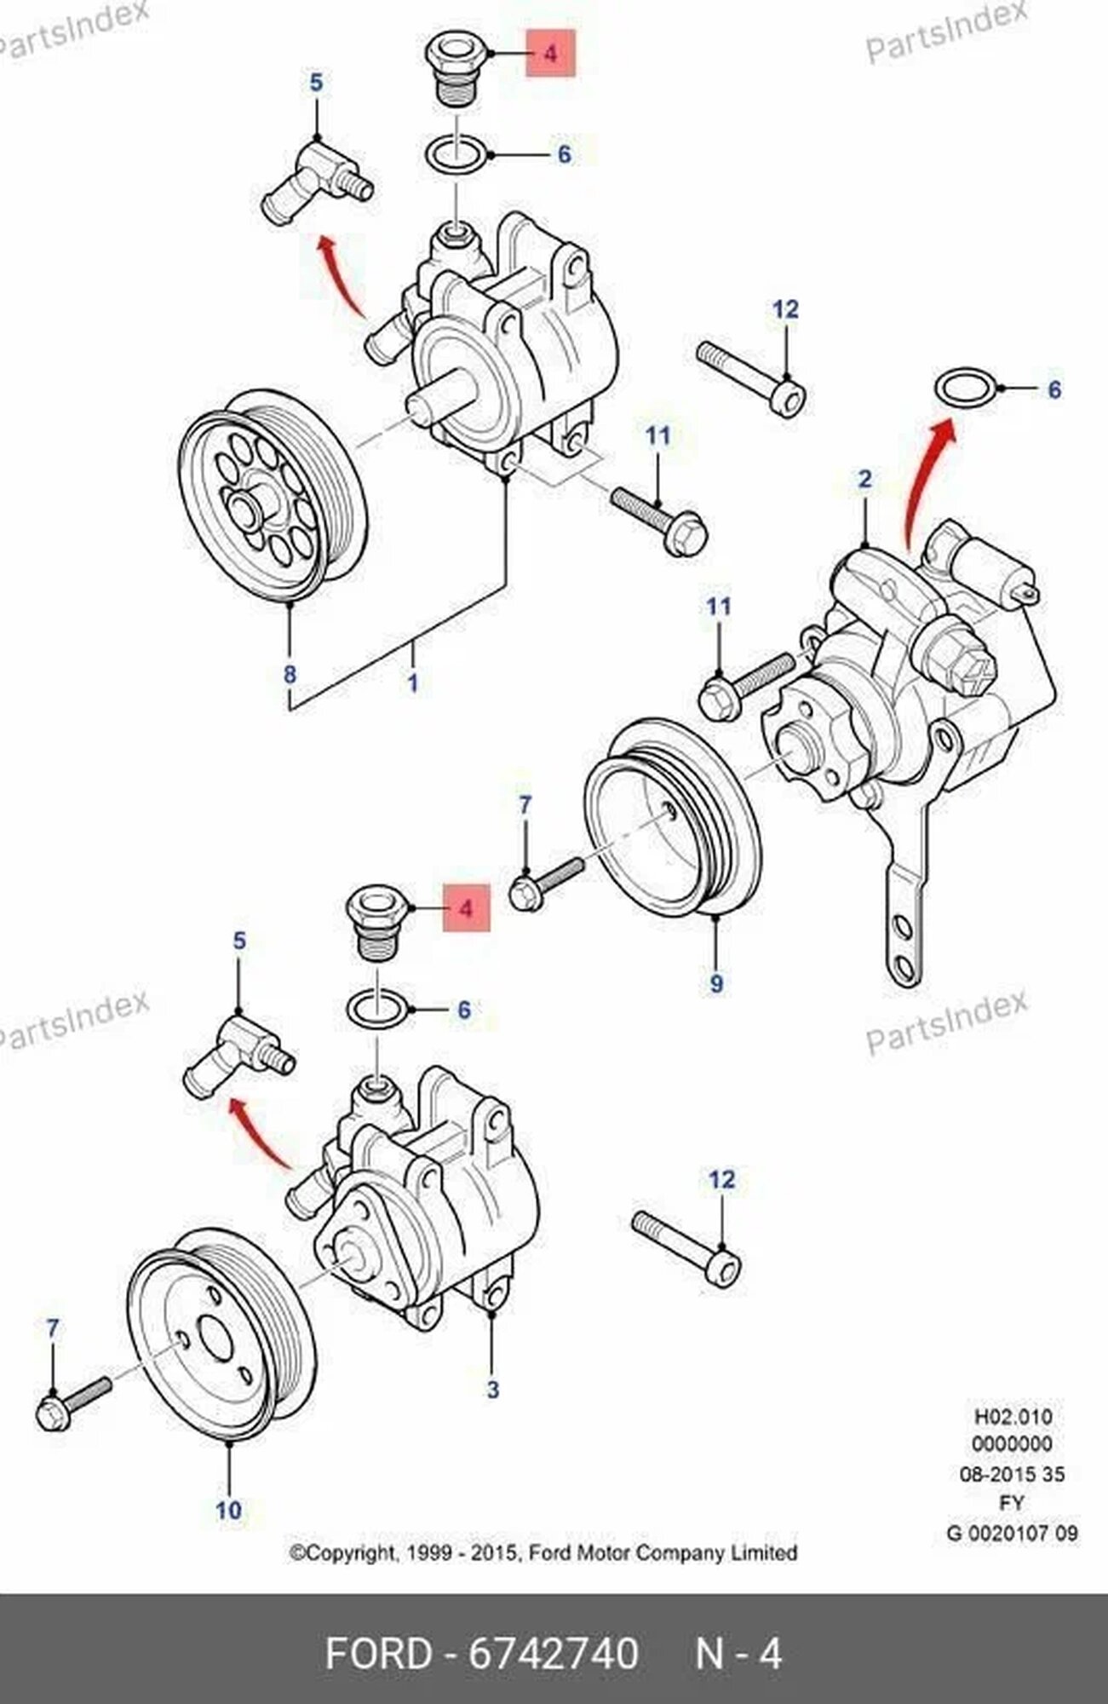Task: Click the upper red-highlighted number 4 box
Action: pyautogui.click(x=550, y=53)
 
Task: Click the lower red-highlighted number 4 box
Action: pyautogui.click(x=465, y=908)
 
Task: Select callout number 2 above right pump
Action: pyautogui.click(x=864, y=479)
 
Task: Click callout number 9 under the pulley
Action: pyautogui.click(x=715, y=983)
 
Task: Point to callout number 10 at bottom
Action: pyautogui.click(x=228, y=1510)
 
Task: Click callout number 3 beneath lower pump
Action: pyautogui.click(x=492, y=1390)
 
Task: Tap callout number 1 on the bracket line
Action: pyautogui.click(x=413, y=682)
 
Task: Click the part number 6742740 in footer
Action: pyautogui.click(x=554, y=1655)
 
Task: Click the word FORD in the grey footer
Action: pyautogui.click(x=379, y=1655)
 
